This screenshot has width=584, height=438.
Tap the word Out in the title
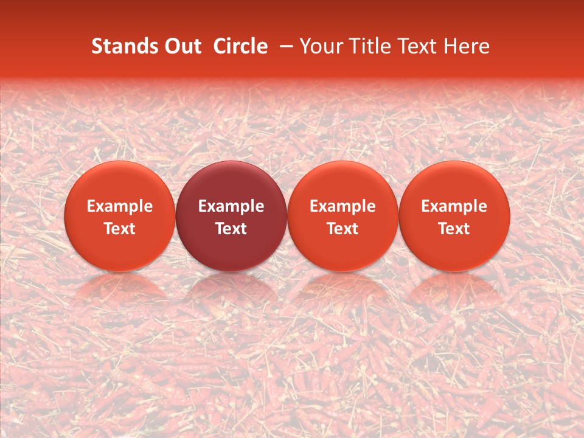(181, 46)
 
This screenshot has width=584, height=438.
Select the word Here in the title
(466, 46)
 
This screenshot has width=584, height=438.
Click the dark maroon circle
(231, 216)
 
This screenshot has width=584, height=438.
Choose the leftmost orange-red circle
(120, 216)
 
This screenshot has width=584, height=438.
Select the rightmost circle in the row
(454, 216)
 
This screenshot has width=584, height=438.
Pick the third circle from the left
(342, 216)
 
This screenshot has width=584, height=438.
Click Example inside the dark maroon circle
(231, 206)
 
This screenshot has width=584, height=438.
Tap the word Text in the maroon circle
(231, 229)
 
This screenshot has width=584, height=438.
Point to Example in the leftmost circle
(120, 206)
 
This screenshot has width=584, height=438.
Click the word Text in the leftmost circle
(120, 229)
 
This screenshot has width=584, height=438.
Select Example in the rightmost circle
(454, 206)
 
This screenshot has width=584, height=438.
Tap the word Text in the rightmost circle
(454, 229)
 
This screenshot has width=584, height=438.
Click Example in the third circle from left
(342, 206)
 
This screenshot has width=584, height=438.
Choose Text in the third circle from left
(342, 229)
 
